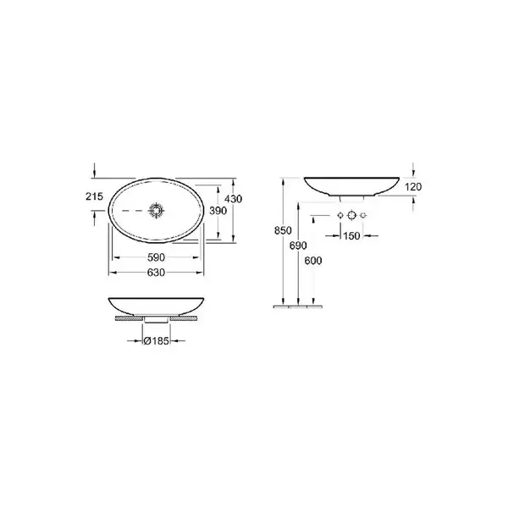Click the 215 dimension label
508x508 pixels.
[94, 196]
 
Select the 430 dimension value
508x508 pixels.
[234, 199]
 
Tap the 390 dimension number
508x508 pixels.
[218, 211]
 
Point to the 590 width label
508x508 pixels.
[156, 257]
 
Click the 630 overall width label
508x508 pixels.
[156, 273]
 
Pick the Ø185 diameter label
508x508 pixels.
[156, 341]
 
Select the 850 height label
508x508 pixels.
[283, 230]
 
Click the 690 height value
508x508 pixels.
[298, 246]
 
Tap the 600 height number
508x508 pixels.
[313, 261]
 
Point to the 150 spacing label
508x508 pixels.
[351, 236]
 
